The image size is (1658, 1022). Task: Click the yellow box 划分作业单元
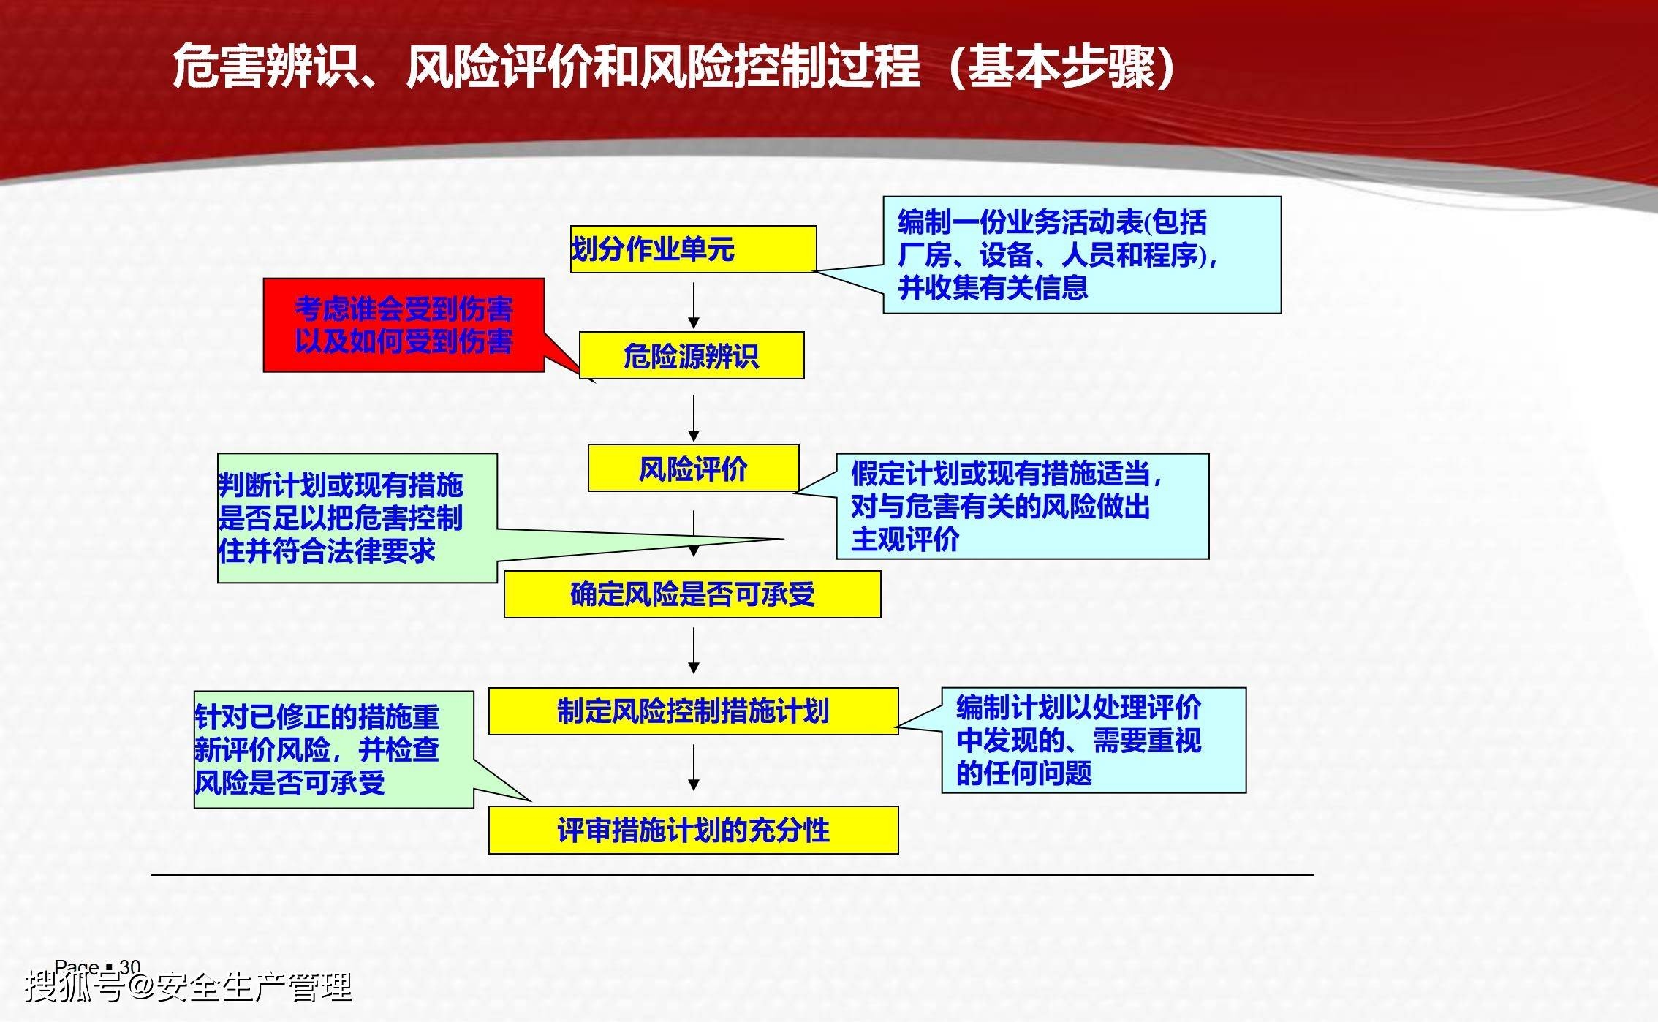point(692,249)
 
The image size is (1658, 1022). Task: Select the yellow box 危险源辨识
point(692,356)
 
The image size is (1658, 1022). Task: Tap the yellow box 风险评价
point(693,469)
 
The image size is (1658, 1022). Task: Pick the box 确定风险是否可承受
point(692,595)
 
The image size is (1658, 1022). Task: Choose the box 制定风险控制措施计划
point(692,711)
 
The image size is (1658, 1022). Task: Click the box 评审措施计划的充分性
point(692,830)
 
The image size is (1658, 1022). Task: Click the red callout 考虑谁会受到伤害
point(404,325)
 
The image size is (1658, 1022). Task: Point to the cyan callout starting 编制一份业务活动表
point(1081,255)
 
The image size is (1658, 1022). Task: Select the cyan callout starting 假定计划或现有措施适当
point(1021,507)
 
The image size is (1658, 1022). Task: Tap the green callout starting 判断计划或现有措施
point(357,518)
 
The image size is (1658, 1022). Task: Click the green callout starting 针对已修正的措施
point(333,749)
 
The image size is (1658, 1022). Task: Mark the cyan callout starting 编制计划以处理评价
point(1093,740)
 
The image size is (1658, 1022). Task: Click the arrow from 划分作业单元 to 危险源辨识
point(693,305)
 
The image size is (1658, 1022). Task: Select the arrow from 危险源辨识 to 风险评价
point(693,417)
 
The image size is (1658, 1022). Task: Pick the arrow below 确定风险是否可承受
point(693,651)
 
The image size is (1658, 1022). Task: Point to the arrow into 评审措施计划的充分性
point(693,767)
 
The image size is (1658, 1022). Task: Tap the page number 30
point(129,966)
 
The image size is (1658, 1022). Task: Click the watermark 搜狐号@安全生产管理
point(189,988)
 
